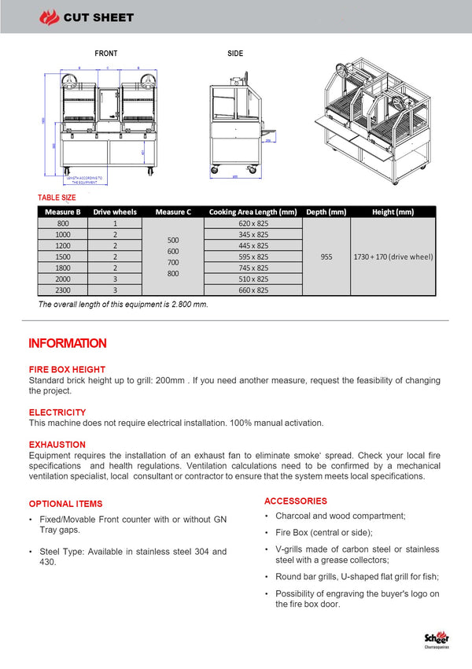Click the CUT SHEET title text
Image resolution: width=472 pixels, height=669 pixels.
click(98, 17)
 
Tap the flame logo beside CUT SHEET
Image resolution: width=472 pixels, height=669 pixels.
click(50, 17)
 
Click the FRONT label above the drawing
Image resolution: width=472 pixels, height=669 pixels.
click(106, 54)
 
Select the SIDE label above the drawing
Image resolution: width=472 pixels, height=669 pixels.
click(235, 54)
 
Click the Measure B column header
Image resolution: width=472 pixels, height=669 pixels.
click(63, 212)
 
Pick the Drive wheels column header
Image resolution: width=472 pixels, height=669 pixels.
click(115, 212)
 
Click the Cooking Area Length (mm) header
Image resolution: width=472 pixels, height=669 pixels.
click(253, 212)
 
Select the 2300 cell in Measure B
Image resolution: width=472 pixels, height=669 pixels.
click(63, 290)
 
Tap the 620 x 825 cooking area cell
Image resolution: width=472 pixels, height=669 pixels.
click(253, 224)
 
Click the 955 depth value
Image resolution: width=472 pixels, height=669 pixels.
click(326, 257)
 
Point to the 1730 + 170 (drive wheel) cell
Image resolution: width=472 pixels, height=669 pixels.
click(393, 257)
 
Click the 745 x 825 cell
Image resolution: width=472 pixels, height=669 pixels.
click(253, 268)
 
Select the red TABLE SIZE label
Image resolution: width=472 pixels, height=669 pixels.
click(57, 198)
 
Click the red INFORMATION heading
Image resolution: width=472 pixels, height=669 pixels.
click(68, 343)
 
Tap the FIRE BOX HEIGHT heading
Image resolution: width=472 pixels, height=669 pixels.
click(67, 369)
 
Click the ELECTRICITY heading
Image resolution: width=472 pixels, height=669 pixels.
click(57, 412)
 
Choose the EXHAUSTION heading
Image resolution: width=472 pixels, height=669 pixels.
click(57, 445)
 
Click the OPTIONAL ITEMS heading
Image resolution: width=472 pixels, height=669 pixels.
click(65, 504)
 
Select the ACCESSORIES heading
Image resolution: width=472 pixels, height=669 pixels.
click(296, 501)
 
